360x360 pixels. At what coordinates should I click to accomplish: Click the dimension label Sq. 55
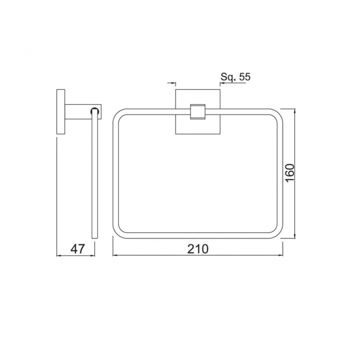[x=235, y=77]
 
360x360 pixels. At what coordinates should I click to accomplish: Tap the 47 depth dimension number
[x=77, y=248]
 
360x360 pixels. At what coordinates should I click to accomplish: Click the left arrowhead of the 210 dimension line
[x=114, y=255]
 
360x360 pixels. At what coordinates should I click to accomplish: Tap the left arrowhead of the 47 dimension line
[x=59, y=255]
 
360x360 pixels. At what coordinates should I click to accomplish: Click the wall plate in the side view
[x=59, y=112]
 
